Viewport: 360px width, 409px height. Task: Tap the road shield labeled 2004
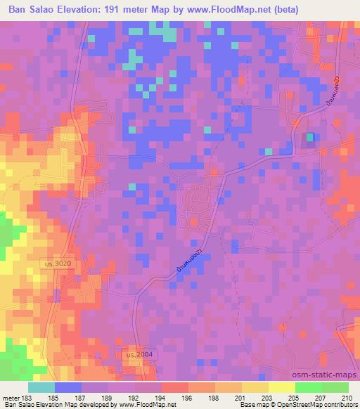click(138, 355)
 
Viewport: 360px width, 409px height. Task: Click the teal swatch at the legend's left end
click(41, 387)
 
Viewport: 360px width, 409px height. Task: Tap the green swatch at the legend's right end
click(335, 387)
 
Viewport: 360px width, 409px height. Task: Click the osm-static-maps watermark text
click(325, 375)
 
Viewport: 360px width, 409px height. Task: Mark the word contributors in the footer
click(342, 405)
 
